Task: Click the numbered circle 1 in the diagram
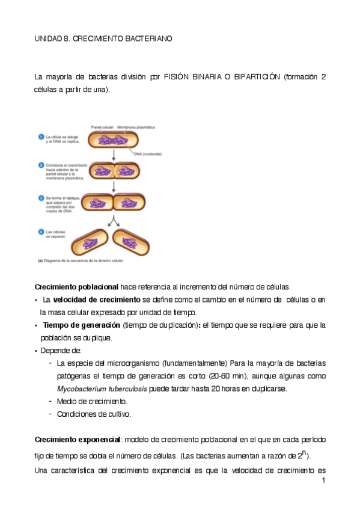(41, 137)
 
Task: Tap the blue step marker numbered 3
(41, 197)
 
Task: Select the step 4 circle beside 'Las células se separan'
(41, 232)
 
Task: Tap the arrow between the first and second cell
(113, 156)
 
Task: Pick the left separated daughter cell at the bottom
(90, 243)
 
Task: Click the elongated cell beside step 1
(113, 140)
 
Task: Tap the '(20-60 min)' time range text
(227, 376)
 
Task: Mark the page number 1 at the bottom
(323, 481)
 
